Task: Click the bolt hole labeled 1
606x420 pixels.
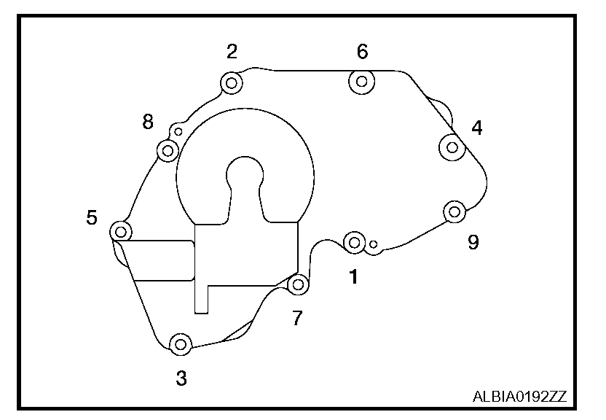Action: pos(354,242)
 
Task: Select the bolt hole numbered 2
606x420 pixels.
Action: pos(232,82)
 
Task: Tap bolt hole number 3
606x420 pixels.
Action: pos(180,343)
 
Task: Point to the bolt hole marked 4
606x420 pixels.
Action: pos(452,148)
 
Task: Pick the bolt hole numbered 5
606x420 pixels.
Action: pos(121,232)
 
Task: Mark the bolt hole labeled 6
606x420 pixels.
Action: pos(362,82)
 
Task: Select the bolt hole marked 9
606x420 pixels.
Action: pos(454,212)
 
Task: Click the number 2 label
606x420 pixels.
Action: pos(232,51)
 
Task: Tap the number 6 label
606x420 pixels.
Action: pos(362,52)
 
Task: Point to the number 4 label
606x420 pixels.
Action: pos(476,128)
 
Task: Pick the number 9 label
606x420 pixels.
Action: pos(473,242)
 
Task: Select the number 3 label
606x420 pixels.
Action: pos(181,378)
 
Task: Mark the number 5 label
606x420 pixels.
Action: pos(92,217)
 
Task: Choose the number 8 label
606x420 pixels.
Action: pos(148,122)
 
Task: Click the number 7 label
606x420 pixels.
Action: pos(297,319)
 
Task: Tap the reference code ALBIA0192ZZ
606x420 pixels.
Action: pos(519,397)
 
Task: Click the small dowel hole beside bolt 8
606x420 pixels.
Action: pos(178,132)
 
